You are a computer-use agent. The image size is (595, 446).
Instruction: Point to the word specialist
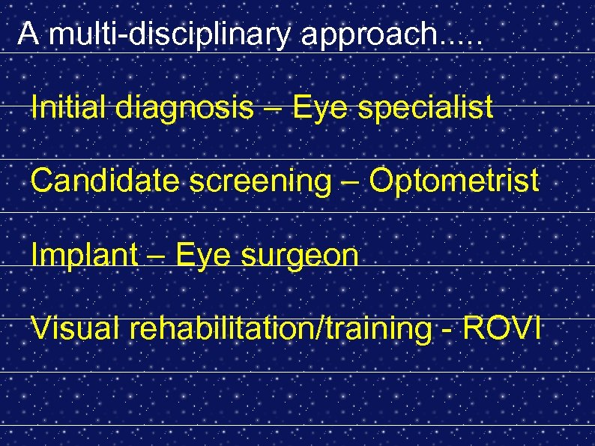[425, 109]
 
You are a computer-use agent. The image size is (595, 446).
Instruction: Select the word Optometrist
[454, 181]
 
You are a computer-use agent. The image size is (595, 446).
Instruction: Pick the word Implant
[85, 256]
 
